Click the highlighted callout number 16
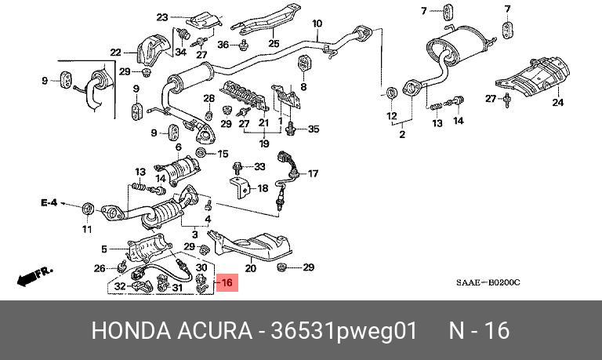tap(227, 282)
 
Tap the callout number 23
tap(162, 17)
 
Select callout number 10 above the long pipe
tap(317, 24)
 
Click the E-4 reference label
tap(49, 203)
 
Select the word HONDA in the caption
tap(128, 330)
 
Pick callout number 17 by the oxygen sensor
tap(314, 173)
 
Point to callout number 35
tap(314, 129)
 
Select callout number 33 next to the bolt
tap(259, 166)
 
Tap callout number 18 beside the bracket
tap(262, 188)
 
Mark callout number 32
tap(120, 287)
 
